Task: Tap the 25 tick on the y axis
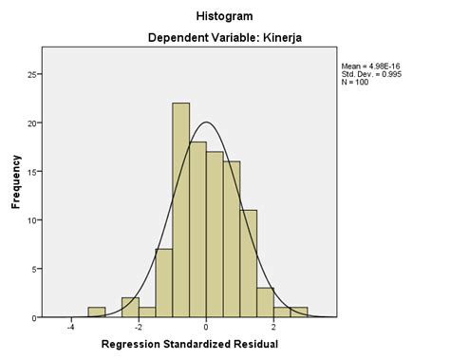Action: (x=33, y=74)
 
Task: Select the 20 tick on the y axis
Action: (x=33, y=123)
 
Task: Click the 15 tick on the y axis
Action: (x=33, y=171)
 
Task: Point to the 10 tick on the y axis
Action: (x=33, y=220)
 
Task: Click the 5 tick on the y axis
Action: (x=35, y=269)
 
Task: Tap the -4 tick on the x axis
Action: (x=69, y=329)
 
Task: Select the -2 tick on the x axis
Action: (x=137, y=329)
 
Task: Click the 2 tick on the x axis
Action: (x=273, y=329)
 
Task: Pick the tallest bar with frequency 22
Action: (x=181, y=209)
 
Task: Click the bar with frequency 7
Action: (x=164, y=283)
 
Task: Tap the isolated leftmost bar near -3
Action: (x=96, y=313)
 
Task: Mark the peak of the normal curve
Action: (x=206, y=122)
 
